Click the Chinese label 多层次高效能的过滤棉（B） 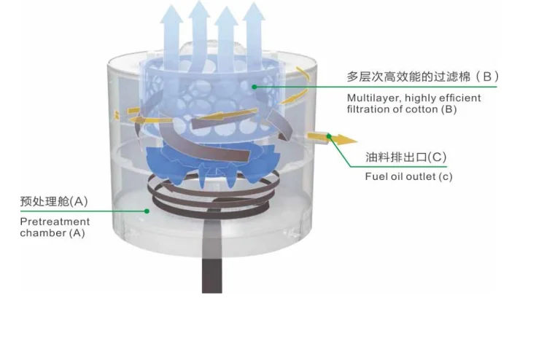pyautogui.click(x=422, y=77)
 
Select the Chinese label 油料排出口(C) pyautogui.click(x=405, y=157)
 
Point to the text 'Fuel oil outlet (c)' pyautogui.click(x=408, y=176)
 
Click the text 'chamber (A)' pyautogui.click(x=52, y=233)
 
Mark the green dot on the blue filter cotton pyautogui.click(x=254, y=87)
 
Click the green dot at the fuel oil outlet pyautogui.click(x=329, y=136)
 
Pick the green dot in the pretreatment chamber pyautogui.click(x=147, y=211)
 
